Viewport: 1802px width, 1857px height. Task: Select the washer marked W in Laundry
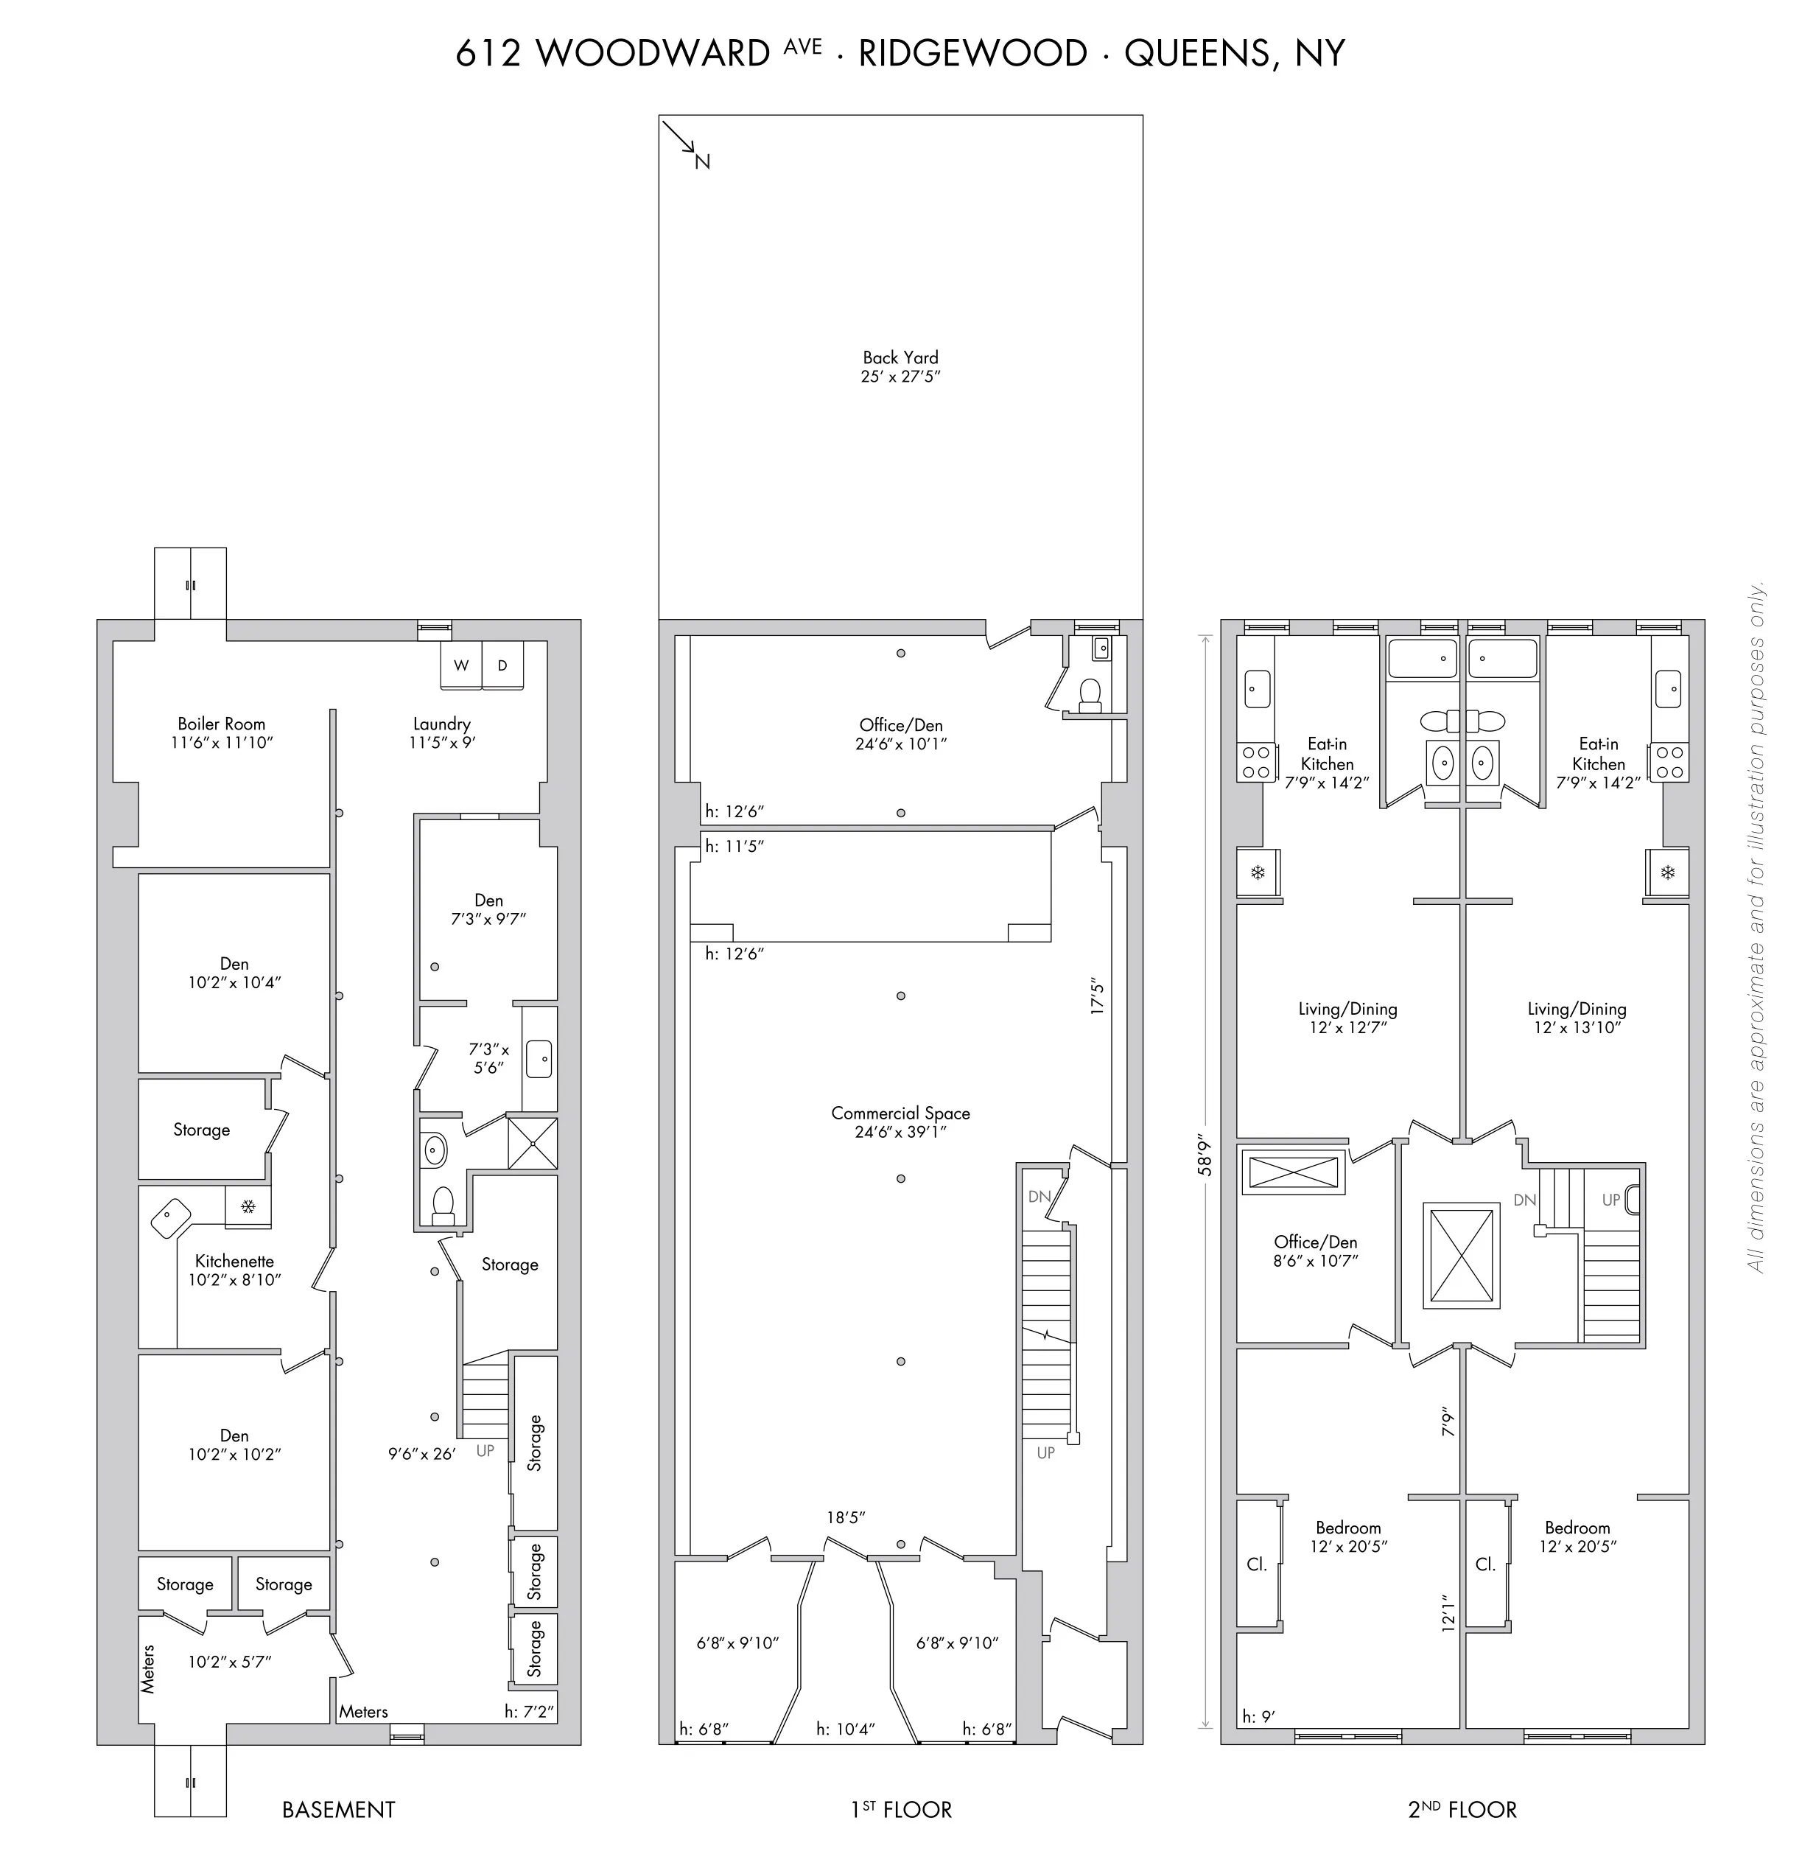coord(460,665)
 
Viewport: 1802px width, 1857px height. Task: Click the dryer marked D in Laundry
coord(502,665)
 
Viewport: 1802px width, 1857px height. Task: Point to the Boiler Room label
coord(221,724)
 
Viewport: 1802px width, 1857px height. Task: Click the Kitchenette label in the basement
coord(234,1261)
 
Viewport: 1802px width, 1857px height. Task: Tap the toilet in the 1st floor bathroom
coord(1090,693)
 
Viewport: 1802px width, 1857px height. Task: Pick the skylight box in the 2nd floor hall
coord(1462,1256)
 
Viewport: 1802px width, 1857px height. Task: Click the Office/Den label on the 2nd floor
coord(1315,1242)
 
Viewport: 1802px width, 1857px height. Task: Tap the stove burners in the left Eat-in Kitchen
coord(1256,762)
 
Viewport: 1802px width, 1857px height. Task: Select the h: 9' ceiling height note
coord(1258,1716)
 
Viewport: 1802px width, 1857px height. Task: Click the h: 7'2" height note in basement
coord(530,1712)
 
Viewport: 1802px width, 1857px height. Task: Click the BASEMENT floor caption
coord(338,1810)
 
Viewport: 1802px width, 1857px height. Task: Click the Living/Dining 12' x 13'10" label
coord(1577,1018)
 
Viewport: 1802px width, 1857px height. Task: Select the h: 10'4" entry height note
coord(845,1729)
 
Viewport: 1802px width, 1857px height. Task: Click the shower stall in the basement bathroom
coord(533,1144)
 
